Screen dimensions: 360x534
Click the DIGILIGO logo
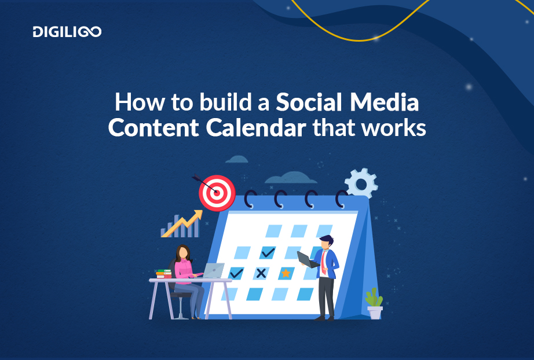(x=67, y=32)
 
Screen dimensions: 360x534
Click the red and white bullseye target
(x=217, y=192)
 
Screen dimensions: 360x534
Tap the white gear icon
(x=360, y=183)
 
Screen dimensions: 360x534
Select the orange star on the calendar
(x=286, y=273)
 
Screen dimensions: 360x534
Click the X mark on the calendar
(x=261, y=273)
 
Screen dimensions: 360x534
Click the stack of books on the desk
(x=163, y=274)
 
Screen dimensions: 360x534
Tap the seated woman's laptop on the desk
(x=213, y=270)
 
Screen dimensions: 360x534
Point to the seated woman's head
(x=183, y=253)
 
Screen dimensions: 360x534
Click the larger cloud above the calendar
(x=286, y=177)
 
